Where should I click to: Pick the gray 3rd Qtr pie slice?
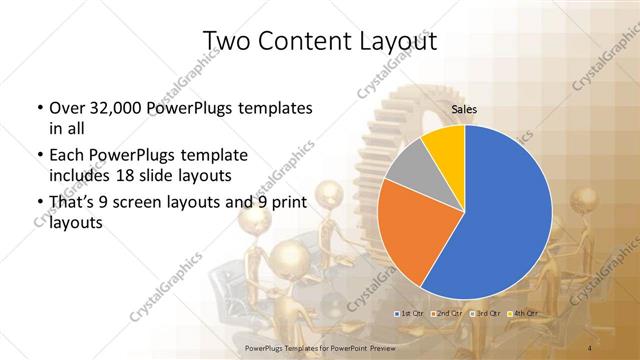407,169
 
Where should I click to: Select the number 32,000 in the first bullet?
117,108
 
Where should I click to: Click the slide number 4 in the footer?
590,348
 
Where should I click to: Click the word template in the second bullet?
210,157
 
